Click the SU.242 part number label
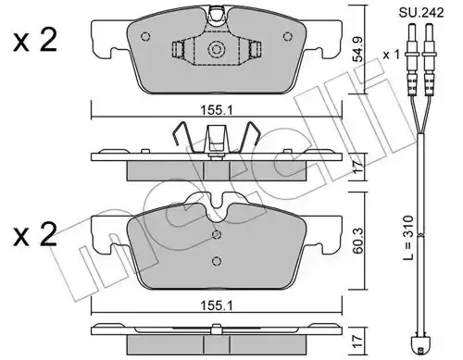tap(421, 13)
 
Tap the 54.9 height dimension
tap(358, 49)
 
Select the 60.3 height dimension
tap(358, 242)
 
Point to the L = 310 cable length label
tap(408, 238)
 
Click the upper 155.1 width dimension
tap(217, 110)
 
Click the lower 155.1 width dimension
tap(217, 305)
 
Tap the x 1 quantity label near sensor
tap(392, 55)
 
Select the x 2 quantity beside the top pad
tap(35, 41)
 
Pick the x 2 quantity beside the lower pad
tap(35, 235)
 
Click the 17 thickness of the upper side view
tap(358, 168)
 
